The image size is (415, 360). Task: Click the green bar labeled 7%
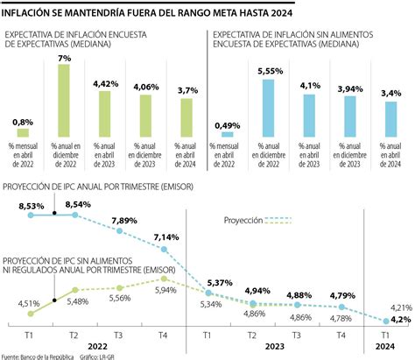64,101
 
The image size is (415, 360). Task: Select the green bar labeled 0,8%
23,133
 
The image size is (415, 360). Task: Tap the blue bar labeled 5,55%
268,109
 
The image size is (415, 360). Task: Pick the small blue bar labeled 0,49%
228,135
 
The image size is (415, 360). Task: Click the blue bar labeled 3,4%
390,119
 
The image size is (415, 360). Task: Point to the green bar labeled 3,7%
186,118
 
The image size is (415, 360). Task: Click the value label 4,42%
106,84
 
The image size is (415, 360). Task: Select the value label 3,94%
350,89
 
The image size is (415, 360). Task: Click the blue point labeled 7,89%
119,231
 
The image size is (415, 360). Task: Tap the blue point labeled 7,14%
164,250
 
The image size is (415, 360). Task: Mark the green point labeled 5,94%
164,279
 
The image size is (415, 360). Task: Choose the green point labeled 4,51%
31,314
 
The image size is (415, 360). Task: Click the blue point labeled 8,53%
31,215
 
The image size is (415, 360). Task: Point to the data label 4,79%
342,296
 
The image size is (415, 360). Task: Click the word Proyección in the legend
243,221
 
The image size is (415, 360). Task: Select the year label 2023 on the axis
275,347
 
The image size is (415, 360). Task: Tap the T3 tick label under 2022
118,335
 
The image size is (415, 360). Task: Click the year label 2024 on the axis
385,347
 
